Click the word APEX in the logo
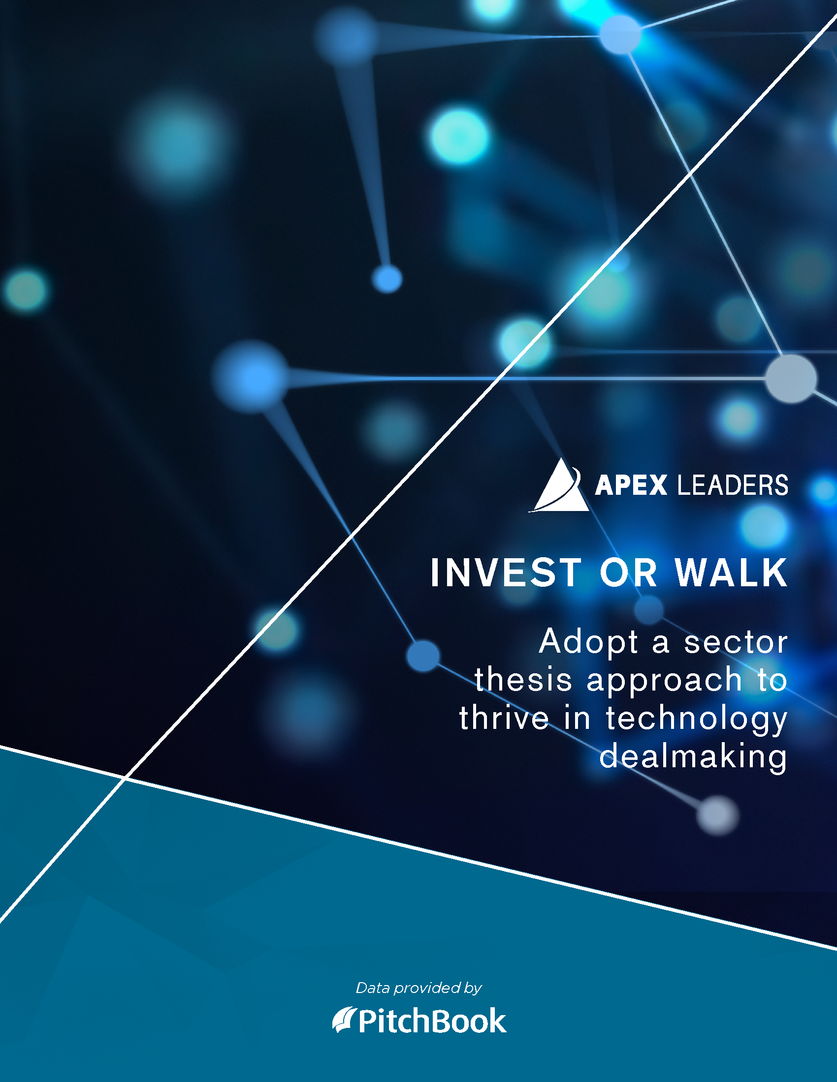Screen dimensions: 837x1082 pyautogui.click(x=631, y=485)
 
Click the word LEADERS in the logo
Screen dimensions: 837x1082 pyautogui.click(x=733, y=485)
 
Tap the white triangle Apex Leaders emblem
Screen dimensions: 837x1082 pyautogui.click(x=559, y=485)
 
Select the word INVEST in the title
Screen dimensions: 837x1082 pyautogui.click(x=506, y=572)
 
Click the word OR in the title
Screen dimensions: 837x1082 pyautogui.click(x=628, y=572)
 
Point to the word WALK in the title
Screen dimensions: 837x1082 pyautogui.click(x=731, y=572)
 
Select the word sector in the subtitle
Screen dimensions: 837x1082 pyautogui.click(x=736, y=643)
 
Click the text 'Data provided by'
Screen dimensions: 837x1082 pyautogui.click(x=419, y=989)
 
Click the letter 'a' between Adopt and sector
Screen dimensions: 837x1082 pyautogui.click(x=661, y=644)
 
